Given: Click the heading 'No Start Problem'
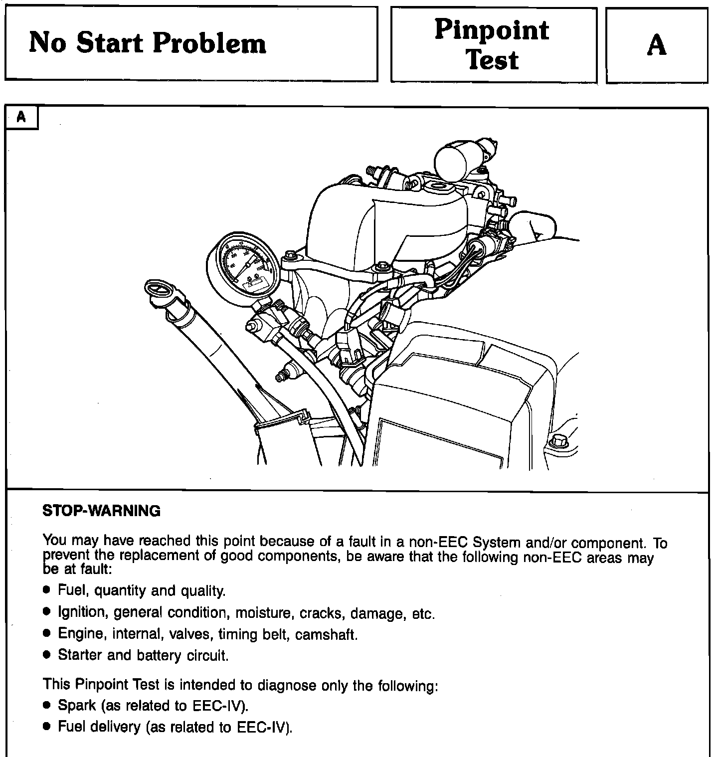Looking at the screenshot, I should coord(148,43).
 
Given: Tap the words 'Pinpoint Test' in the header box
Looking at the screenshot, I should coord(492,44).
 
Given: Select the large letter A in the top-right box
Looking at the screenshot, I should coord(656,45).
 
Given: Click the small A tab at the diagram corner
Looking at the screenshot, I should coord(21,117).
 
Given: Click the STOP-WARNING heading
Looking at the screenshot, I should coord(102,511).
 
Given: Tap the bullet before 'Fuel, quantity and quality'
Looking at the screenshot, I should coord(47,590).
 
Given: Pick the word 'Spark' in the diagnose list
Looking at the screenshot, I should coord(77,706).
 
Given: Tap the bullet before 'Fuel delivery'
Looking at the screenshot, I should coord(47,727).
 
